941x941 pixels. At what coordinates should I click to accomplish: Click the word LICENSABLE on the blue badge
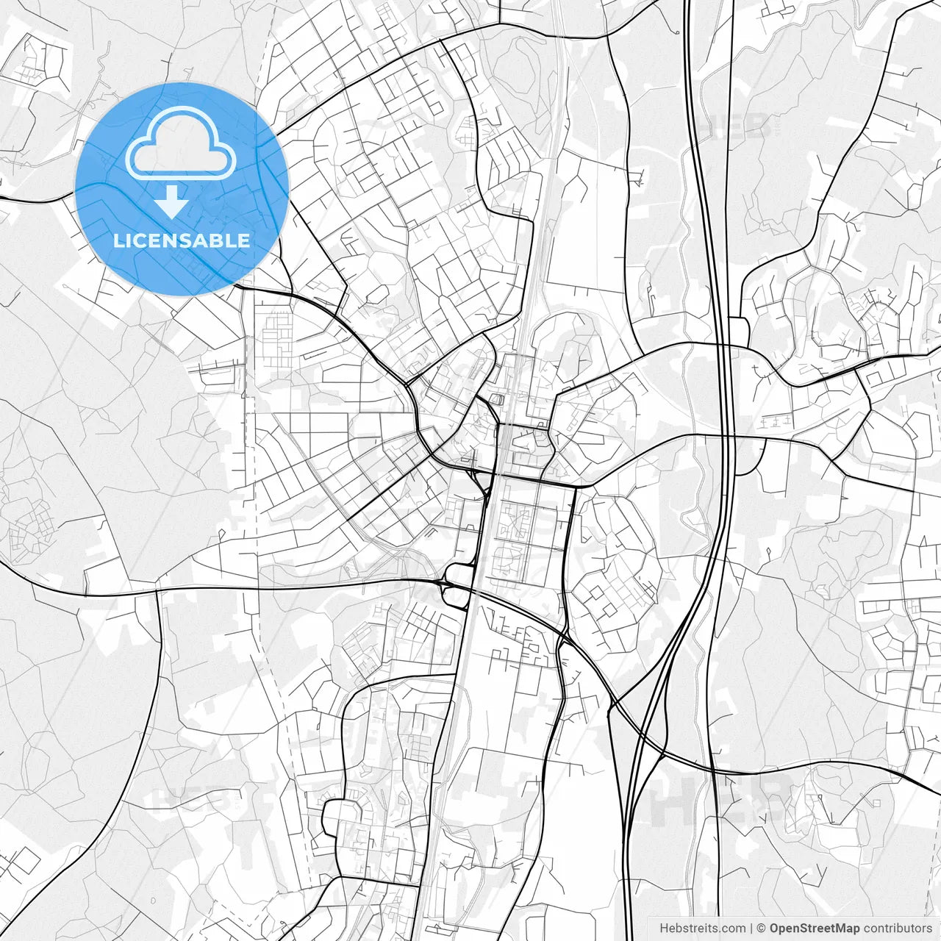pos(181,240)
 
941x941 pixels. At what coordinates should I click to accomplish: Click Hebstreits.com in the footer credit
pos(702,929)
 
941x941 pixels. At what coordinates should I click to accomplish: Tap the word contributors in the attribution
pos(898,929)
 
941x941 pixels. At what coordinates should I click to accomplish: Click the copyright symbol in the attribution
pos(762,929)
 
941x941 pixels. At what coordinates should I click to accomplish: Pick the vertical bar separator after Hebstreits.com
pos(751,929)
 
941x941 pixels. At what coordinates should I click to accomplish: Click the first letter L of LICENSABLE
pos(118,240)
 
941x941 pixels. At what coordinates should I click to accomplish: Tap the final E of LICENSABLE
pos(244,240)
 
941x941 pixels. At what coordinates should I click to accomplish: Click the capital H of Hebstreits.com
pos(664,929)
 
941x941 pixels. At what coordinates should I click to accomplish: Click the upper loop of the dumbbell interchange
pos(460,574)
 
